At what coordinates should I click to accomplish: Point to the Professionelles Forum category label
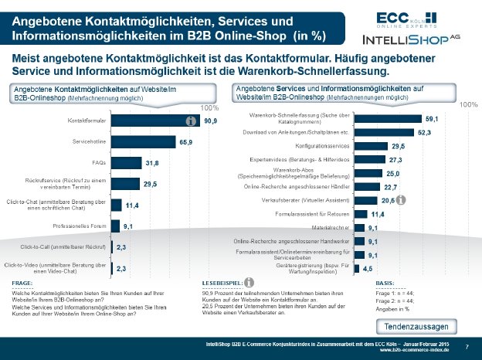click(78, 226)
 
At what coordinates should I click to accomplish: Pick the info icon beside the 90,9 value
click(187, 121)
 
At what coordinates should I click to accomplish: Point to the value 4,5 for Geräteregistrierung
click(368, 268)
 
